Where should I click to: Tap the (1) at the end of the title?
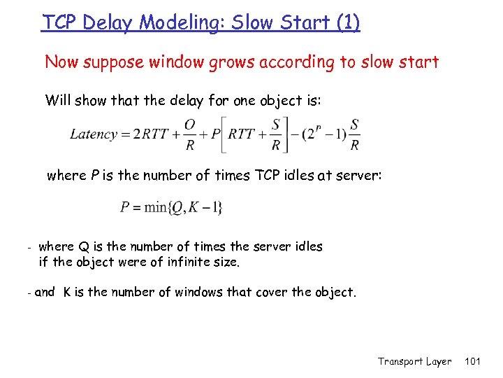point(347,22)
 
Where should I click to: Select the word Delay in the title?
point(109,22)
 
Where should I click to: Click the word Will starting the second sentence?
point(59,100)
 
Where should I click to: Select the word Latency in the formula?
point(93,134)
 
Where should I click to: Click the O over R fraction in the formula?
point(189,134)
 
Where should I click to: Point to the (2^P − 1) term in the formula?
point(321,133)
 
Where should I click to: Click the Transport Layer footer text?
point(414,361)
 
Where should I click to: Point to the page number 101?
point(473,361)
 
